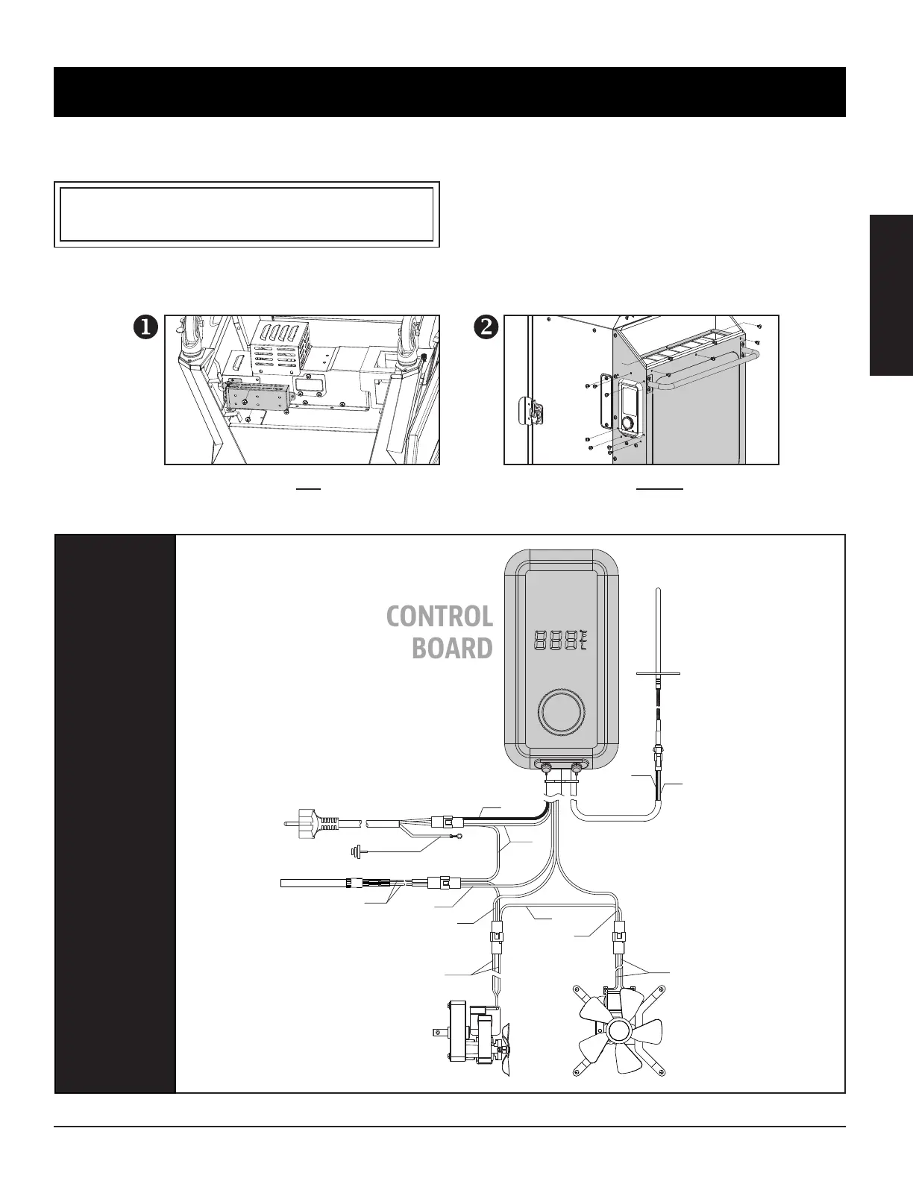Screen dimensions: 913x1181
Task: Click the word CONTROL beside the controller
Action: pyautogui.click(x=439, y=617)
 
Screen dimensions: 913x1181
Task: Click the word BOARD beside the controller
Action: pyautogui.click(x=452, y=648)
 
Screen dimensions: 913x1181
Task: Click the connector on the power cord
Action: pyautogui.click(x=448, y=822)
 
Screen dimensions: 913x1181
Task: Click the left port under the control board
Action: pyautogui.click(x=546, y=767)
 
